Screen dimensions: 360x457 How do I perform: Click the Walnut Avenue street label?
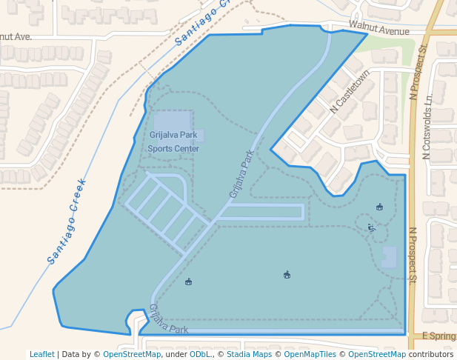pos(379,31)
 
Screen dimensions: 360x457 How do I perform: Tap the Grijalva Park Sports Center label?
pos(173,141)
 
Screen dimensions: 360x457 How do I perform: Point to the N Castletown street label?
pos(350,92)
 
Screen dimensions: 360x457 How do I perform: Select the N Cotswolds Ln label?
pos(426,128)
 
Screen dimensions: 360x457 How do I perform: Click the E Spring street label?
pos(438,336)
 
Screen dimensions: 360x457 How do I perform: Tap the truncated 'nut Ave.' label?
pos(16,36)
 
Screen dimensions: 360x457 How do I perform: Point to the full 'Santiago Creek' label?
pos(67,221)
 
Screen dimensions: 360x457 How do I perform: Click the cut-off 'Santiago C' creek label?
pos(204,23)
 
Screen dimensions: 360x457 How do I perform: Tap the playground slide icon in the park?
pos(372,228)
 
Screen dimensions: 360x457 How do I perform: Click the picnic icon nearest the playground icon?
pos(380,207)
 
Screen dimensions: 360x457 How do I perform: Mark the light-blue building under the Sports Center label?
pos(173,126)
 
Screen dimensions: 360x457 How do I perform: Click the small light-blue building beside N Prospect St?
pos(390,257)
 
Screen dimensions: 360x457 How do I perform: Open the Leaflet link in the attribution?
pos(41,354)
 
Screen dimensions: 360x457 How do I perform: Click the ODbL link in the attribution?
pos(199,354)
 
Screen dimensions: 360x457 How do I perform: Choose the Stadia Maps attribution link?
pos(248,354)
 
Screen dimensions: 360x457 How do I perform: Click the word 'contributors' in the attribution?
pos(431,354)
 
